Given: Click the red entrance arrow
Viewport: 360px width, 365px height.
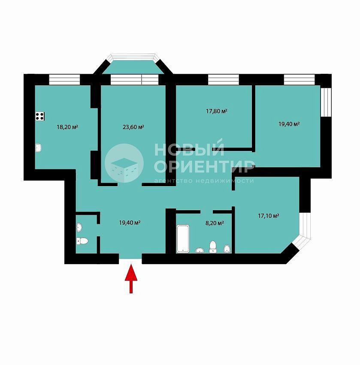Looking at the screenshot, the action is [x=131, y=278].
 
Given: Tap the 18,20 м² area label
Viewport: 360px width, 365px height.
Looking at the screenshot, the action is [x=67, y=127].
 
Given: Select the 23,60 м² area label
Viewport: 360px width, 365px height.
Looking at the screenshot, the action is [x=133, y=127].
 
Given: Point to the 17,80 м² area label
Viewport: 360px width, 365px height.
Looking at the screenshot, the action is [x=217, y=111].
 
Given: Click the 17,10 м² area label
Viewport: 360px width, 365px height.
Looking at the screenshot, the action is [x=269, y=216].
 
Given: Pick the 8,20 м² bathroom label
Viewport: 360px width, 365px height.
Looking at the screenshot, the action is [x=215, y=223].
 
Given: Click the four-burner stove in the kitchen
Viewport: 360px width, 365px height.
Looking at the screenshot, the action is [x=40, y=116].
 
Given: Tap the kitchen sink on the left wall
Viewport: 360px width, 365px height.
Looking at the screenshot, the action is [x=39, y=148].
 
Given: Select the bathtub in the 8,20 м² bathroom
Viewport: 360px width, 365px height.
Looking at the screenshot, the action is [x=183, y=238].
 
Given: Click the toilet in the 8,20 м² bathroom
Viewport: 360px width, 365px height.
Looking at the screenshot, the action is [x=212, y=247].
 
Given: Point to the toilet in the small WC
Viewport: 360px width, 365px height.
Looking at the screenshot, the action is [x=82, y=241].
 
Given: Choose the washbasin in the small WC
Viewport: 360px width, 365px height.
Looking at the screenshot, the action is [x=79, y=227].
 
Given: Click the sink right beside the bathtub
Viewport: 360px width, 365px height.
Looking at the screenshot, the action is [x=200, y=250].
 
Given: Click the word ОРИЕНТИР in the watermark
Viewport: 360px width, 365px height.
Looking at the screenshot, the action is [x=204, y=166].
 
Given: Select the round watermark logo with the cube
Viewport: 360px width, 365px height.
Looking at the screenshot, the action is [x=124, y=163].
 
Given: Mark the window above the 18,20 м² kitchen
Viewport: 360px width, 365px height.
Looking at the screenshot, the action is [x=64, y=79].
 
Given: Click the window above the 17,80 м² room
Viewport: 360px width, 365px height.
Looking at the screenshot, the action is [x=224, y=79].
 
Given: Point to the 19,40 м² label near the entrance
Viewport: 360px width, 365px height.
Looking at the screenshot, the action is [x=130, y=223].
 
